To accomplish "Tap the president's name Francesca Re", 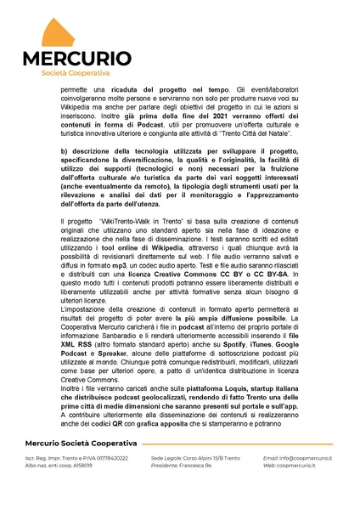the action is (x=197, y=490).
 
